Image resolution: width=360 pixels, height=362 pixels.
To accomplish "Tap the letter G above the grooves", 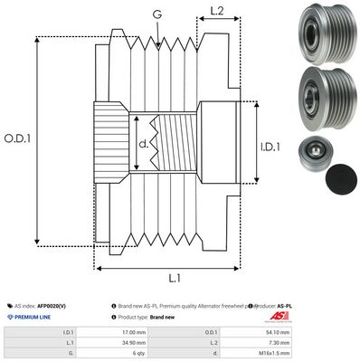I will coord(157,15).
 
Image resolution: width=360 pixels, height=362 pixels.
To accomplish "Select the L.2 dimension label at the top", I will coord(217,12).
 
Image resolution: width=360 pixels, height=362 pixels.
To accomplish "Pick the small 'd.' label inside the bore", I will coord(143,143).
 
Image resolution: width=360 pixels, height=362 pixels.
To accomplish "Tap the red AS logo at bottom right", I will coord(333,310).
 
